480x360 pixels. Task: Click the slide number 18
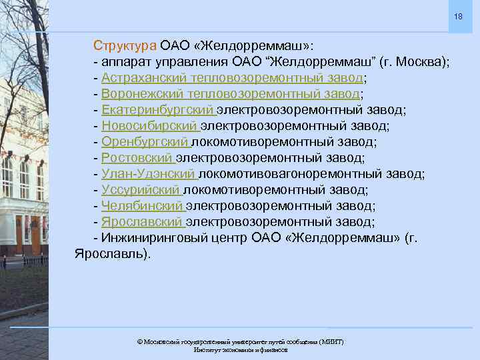coord(459,15)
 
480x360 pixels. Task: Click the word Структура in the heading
coord(125,46)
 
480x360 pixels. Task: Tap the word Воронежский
coord(141,94)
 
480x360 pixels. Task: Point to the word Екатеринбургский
coord(157,110)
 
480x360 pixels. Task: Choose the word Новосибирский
coord(150,126)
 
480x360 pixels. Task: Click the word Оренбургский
coord(145,142)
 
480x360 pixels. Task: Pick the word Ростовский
coord(137,158)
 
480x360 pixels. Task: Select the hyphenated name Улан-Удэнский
coord(149,174)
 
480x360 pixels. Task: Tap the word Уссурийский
coord(141,190)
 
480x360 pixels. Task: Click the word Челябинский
coord(142,206)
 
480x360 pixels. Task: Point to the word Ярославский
coord(142,222)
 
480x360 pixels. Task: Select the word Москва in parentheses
coord(418,62)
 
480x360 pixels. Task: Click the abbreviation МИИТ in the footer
coord(331,341)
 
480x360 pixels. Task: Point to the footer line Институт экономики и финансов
coord(240,350)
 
